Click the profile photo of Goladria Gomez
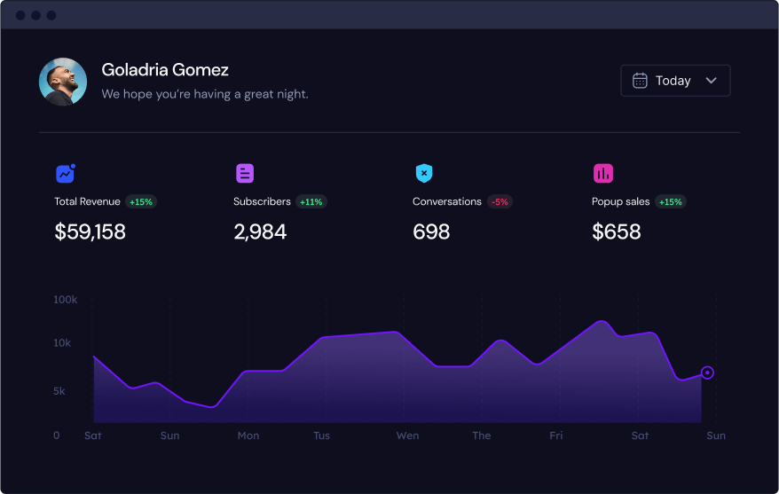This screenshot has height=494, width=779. [63, 82]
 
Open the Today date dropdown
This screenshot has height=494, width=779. [675, 81]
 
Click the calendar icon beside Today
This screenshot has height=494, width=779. [640, 81]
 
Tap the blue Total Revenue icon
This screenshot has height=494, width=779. [65, 174]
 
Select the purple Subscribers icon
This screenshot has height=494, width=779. [245, 174]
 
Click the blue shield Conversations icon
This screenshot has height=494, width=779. [424, 174]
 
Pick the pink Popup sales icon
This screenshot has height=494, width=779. [603, 174]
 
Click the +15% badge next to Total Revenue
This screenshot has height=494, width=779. [141, 202]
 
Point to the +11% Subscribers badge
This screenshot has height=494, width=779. [311, 202]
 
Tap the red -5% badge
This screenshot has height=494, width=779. [500, 202]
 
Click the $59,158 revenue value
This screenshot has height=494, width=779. [90, 232]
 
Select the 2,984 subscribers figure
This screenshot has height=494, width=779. [260, 232]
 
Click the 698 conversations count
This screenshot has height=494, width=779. [431, 232]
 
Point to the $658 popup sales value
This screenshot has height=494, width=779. [616, 232]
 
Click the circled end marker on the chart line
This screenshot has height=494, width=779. [707, 372]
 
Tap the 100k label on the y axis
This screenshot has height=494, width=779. [66, 301]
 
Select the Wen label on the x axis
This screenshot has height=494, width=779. [407, 435]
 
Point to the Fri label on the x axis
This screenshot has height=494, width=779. [555, 435]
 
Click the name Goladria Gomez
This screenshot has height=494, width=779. [165, 70]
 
